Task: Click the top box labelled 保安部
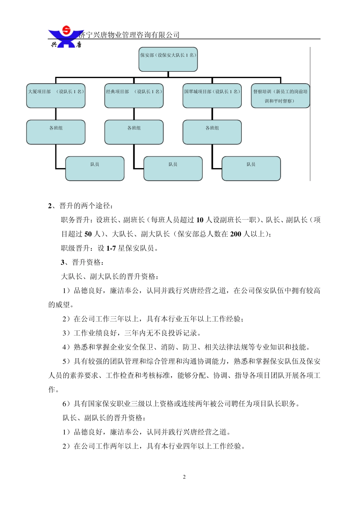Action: pyautogui.click(x=168, y=59)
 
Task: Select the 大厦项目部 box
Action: pyautogui.click(x=56, y=95)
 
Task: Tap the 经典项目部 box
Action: pyautogui.click(x=134, y=95)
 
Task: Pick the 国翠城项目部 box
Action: pyautogui.click(x=212, y=95)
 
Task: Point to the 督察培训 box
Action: pyautogui.click(x=280, y=96)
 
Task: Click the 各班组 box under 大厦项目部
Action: pyautogui.click(x=56, y=132)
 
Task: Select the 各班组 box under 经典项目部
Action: pyautogui.click(x=134, y=132)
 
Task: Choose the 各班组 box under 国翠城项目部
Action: pyautogui.click(x=212, y=132)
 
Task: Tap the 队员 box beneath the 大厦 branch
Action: pyautogui.click(x=95, y=168)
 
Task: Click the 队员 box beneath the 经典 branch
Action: pyautogui.click(x=173, y=168)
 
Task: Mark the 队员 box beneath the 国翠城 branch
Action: pyautogui.click(x=251, y=168)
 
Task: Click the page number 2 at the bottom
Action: pyautogui.click(x=184, y=477)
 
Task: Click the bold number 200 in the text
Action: pyautogui.click(x=235, y=234)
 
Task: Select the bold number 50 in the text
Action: pyautogui.click(x=88, y=234)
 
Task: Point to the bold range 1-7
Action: pyautogui.click(x=111, y=248)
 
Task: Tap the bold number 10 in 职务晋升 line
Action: pyautogui.click(x=200, y=220)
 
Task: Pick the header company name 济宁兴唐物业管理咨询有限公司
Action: pyautogui.click(x=129, y=35)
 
